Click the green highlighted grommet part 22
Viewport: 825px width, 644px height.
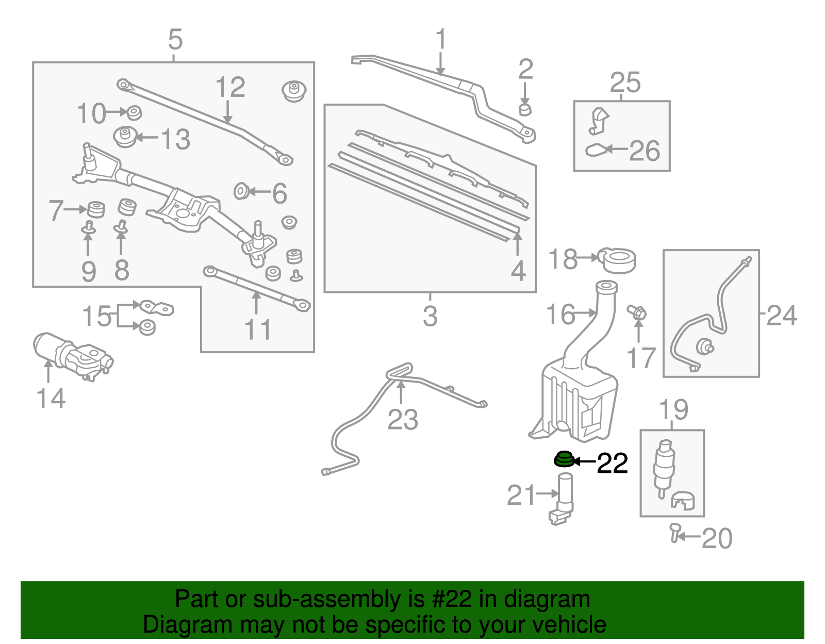pyautogui.click(x=564, y=459)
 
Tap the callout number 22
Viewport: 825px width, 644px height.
pyautogui.click(x=612, y=463)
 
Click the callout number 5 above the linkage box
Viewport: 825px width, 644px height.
pyautogui.click(x=175, y=40)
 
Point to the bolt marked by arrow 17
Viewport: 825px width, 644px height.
pyautogui.click(x=637, y=312)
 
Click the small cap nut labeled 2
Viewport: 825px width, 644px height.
pyautogui.click(x=525, y=109)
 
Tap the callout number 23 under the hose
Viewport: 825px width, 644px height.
pyautogui.click(x=403, y=419)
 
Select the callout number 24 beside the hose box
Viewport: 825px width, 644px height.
pyautogui.click(x=782, y=315)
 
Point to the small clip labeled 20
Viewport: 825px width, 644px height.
pyautogui.click(x=674, y=532)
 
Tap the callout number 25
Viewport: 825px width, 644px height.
pyautogui.click(x=625, y=82)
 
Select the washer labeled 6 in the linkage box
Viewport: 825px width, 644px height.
pyautogui.click(x=241, y=192)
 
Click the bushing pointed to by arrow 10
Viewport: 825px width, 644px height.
pyautogui.click(x=134, y=112)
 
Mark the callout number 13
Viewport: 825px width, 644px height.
pyautogui.click(x=175, y=139)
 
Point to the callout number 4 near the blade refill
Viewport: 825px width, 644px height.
pyautogui.click(x=518, y=271)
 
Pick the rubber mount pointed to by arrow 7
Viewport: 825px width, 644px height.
pyautogui.click(x=95, y=209)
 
